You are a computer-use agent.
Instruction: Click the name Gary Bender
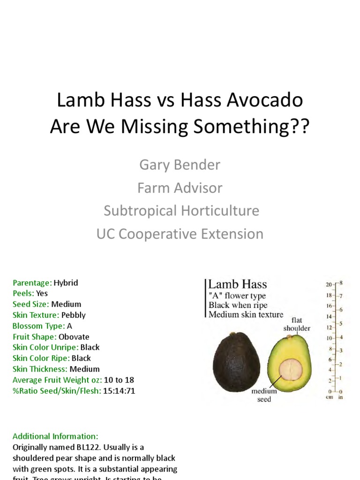180,165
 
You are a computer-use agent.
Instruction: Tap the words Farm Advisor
180,188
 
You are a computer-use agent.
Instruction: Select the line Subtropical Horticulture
181,210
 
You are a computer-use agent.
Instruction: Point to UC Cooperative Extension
180,233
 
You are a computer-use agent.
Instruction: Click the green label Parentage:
32,283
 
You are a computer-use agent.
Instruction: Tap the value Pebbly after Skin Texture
74,315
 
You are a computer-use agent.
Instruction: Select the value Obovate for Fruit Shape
74,337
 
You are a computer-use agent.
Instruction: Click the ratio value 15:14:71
119,390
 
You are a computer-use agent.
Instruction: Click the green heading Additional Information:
55,436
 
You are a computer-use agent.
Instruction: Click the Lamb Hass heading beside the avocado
237,285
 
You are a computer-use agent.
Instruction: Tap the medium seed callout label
264,395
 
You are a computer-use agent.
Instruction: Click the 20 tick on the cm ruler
329,285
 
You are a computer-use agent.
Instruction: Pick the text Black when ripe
238,305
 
